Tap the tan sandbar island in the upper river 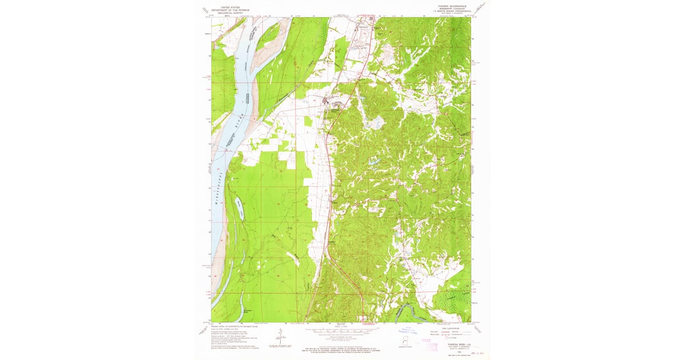(x=269, y=35)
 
